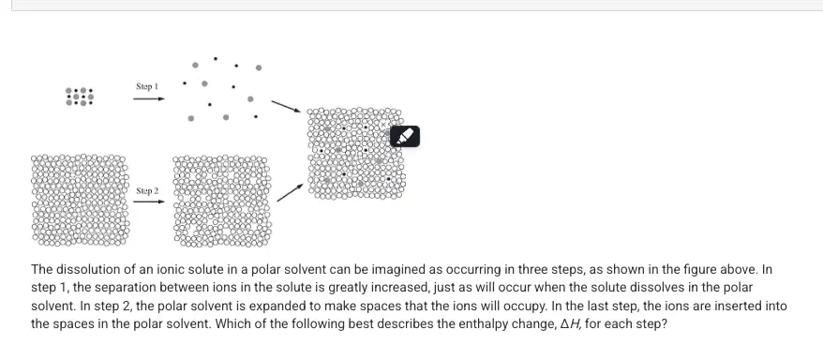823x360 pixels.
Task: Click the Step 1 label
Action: coord(147,86)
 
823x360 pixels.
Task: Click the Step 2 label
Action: coord(147,191)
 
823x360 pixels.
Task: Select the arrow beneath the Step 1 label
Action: coord(148,98)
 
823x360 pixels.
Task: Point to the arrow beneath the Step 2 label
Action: coord(148,202)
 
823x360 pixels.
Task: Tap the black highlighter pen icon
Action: coord(405,137)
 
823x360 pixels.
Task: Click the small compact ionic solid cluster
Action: coord(80,97)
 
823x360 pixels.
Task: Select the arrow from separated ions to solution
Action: coord(286,107)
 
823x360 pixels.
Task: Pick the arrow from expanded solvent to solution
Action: coord(290,192)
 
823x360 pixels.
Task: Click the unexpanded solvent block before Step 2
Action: coord(80,200)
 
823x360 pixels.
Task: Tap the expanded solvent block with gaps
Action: coord(222,201)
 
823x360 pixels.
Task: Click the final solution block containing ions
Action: coord(356,154)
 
